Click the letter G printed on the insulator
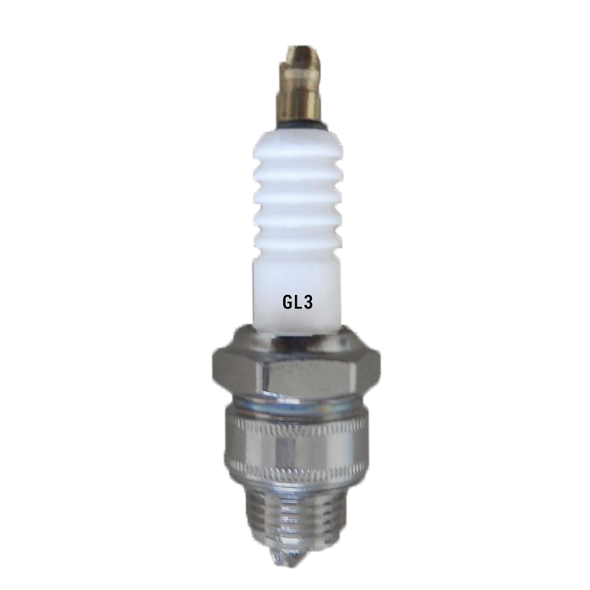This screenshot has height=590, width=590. coord(288,302)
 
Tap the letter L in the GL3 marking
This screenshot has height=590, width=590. coord(298,302)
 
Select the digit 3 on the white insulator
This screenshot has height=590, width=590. coord(307,302)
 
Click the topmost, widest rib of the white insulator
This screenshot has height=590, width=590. coord(298,146)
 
